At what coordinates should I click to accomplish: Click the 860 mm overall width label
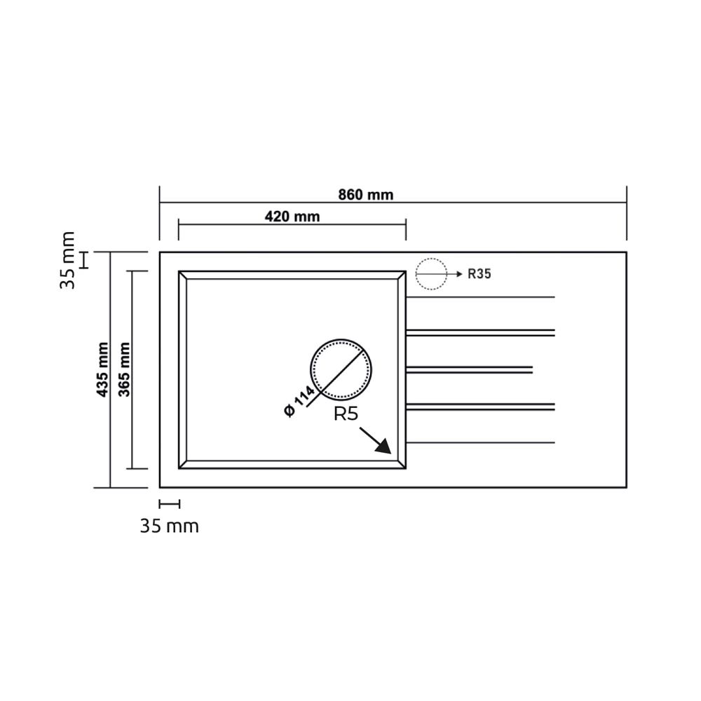(366, 195)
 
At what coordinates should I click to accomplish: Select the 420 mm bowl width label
(292, 217)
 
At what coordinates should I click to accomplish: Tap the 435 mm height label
(103, 369)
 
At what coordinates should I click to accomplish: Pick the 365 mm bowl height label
(124, 369)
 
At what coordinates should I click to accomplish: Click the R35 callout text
(479, 273)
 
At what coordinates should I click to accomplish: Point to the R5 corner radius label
(346, 414)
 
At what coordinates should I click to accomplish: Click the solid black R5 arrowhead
(384, 447)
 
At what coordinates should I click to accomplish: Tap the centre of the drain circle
(341, 369)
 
